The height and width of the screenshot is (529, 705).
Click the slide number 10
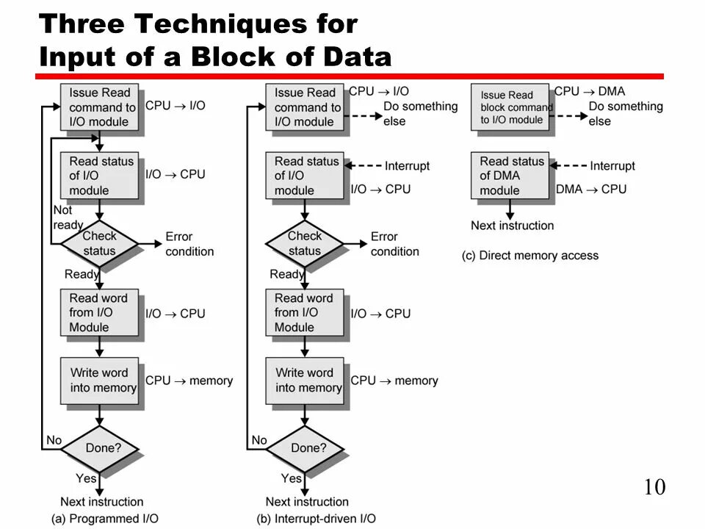pyautogui.click(x=654, y=487)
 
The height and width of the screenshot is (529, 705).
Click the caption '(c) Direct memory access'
pyautogui.click(x=530, y=256)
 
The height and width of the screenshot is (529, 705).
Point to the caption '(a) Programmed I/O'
pyautogui.click(x=105, y=519)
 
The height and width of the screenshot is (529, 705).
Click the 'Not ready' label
pyautogui.click(x=67, y=217)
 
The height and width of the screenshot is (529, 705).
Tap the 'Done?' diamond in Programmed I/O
pyautogui.click(x=99, y=447)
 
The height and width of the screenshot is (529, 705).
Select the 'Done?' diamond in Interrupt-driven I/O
pyautogui.click(x=305, y=447)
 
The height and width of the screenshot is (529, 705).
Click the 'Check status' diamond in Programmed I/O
pyautogui.click(x=99, y=243)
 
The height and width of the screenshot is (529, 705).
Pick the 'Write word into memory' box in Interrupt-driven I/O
pyautogui.click(x=305, y=380)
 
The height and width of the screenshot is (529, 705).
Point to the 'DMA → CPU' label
pyautogui.click(x=591, y=190)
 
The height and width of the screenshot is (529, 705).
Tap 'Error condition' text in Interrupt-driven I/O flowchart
pyautogui.click(x=394, y=244)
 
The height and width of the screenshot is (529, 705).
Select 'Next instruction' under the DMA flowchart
pyautogui.click(x=513, y=226)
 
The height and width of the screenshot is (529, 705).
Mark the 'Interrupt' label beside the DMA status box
pyautogui.click(x=612, y=166)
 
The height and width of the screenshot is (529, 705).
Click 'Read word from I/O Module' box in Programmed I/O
pyautogui.click(x=99, y=312)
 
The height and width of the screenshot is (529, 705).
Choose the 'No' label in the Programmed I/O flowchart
pyautogui.click(x=54, y=440)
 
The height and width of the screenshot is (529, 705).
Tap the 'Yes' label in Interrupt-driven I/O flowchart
pyautogui.click(x=292, y=478)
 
